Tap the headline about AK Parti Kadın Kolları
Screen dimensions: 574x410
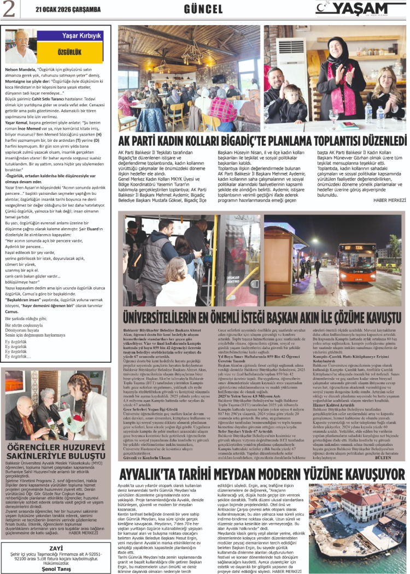point(262,141)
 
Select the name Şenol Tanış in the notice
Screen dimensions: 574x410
point(56,567)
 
